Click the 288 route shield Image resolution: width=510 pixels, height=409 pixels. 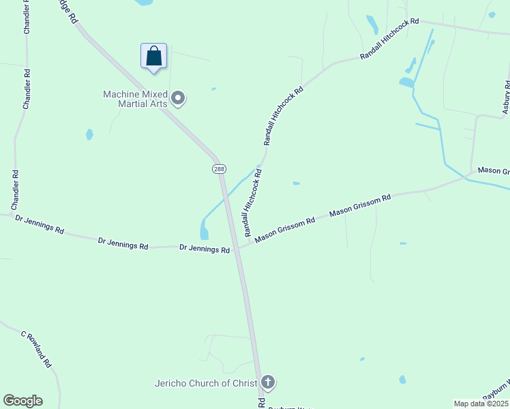219,169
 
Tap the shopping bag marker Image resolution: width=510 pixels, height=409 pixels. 154,57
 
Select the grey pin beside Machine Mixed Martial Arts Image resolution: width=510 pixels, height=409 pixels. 179,99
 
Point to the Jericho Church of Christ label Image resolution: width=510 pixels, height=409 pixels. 205,383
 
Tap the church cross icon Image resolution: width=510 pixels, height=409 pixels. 268,382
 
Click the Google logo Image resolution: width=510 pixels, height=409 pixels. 22,401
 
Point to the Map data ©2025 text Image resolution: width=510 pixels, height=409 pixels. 481,404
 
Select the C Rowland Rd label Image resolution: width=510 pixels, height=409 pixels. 36,350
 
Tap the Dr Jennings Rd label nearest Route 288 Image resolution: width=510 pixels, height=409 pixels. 205,249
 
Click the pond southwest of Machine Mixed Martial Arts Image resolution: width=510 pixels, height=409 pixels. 89,134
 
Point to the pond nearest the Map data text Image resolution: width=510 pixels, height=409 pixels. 402,380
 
